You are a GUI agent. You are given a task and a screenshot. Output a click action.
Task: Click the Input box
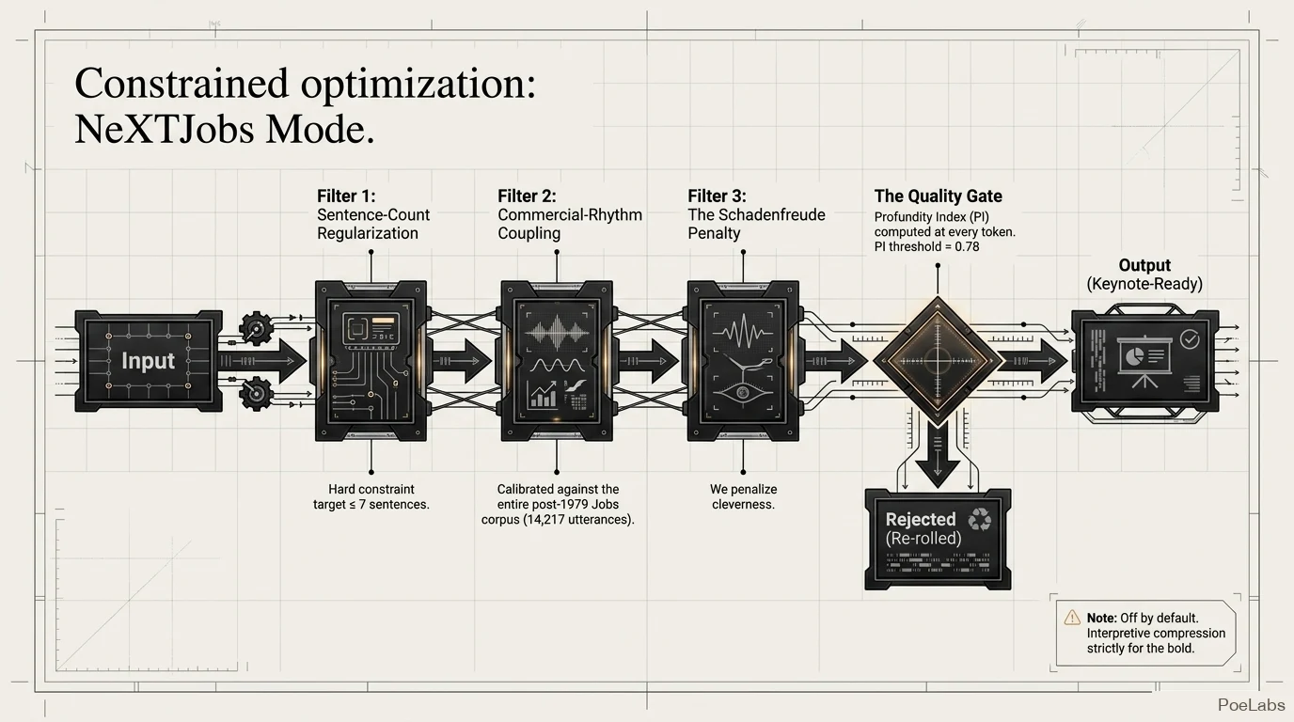(x=149, y=361)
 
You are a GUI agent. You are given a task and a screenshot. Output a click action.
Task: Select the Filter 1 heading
(x=346, y=196)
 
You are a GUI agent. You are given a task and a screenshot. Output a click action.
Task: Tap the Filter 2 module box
(x=557, y=361)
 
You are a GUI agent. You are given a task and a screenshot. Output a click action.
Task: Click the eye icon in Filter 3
(x=743, y=393)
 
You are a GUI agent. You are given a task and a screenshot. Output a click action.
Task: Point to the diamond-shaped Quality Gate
(x=938, y=361)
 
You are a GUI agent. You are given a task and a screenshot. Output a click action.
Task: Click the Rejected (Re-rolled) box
(x=938, y=539)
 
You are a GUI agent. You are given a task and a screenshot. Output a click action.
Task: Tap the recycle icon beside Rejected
(x=979, y=519)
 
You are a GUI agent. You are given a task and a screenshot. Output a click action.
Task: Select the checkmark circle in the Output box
(x=1190, y=339)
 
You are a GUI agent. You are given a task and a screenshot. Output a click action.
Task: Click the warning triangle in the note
(x=1072, y=618)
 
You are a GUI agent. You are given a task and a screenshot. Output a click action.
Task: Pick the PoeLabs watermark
(x=1252, y=705)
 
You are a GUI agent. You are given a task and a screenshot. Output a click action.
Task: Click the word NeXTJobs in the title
(x=165, y=129)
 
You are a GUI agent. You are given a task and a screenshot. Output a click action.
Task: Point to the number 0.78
(x=967, y=246)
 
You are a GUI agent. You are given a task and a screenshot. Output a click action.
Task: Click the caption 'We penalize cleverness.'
(x=744, y=496)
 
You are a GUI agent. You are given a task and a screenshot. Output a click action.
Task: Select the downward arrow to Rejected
(x=938, y=453)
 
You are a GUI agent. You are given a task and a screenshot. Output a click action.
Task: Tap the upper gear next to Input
(x=256, y=329)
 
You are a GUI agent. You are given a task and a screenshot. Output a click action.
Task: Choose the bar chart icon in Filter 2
(x=543, y=395)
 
